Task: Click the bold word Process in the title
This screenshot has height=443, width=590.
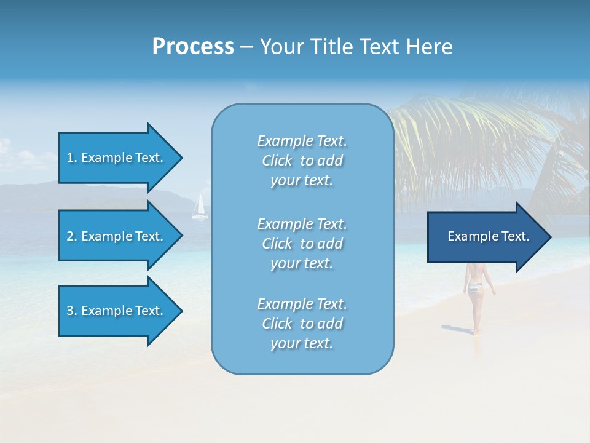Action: (x=193, y=47)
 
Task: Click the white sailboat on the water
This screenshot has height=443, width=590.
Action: (x=199, y=207)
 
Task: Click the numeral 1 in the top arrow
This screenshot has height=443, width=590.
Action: (x=69, y=158)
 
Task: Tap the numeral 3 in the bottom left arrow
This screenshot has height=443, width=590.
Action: (x=69, y=311)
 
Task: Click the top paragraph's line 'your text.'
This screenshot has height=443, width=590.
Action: (x=302, y=181)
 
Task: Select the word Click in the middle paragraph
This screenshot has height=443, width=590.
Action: (x=277, y=244)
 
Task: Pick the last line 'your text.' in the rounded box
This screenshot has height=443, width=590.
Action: (x=302, y=344)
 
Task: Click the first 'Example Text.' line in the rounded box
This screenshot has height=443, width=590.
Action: (x=302, y=141)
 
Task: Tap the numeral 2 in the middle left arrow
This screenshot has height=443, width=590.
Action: (x=69, y=236)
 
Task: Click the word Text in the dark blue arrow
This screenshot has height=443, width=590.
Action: (x=515, y=236)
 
